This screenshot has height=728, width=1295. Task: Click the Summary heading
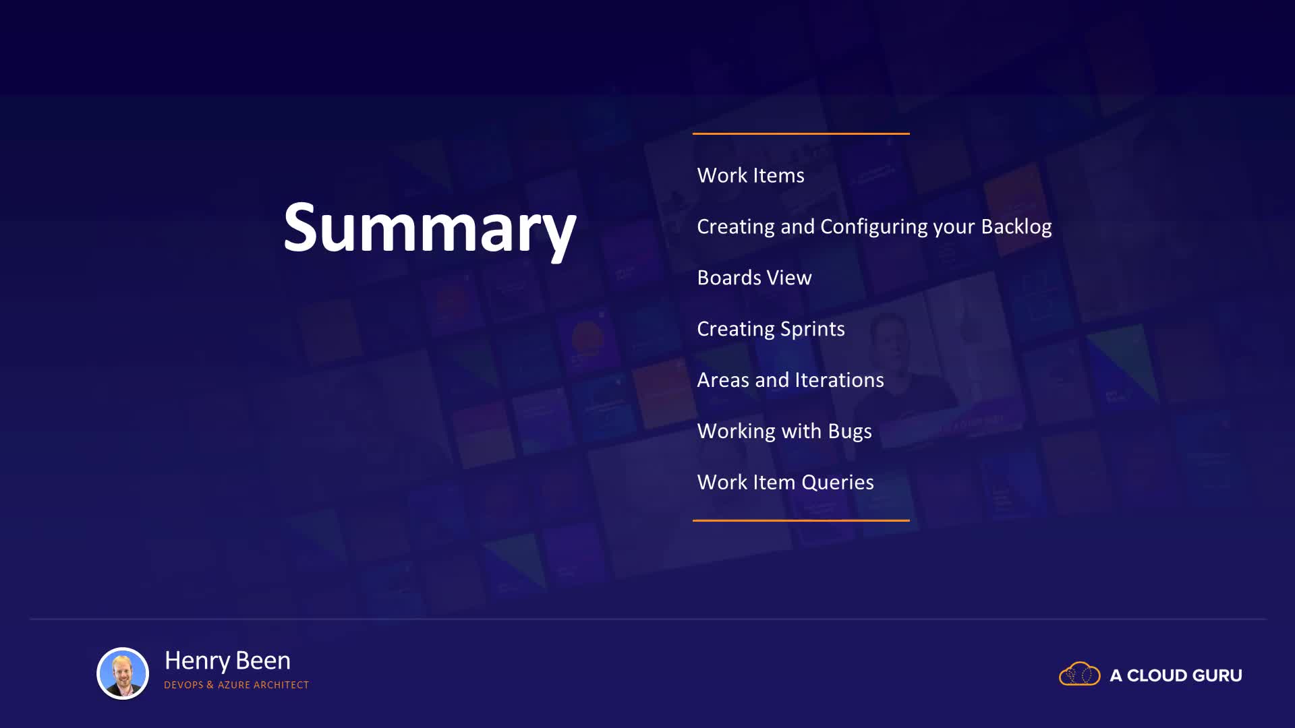(x=430, y=229)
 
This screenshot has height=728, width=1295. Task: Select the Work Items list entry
(x=751, y=175)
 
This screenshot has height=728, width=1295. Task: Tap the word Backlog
(x=1016, y=226)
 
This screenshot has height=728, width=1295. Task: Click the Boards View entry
(x=754, y=278)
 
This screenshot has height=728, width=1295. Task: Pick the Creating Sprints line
(x=771, y=329)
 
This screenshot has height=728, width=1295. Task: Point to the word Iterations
(x=839, y=380)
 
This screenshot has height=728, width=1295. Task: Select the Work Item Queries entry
(x=785, y=483)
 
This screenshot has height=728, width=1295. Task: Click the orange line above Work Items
(x=801, y=133)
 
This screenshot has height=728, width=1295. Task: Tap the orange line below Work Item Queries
(x=801, y=520)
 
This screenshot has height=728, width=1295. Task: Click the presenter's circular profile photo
(x=123, y=673)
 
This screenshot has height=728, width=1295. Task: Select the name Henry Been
(x=227, y=661)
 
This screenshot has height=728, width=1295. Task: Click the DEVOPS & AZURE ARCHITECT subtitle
(x=236, y=685)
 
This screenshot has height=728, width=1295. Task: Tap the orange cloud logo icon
(x=1080, y=673)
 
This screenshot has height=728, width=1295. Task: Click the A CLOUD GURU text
(x=1176, y=675)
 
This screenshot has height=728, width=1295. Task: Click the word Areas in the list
(x=723, y=380)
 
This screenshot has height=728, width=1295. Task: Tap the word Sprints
(x=813, y=329)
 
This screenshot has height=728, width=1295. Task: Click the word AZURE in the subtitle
(x=234, y=685)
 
